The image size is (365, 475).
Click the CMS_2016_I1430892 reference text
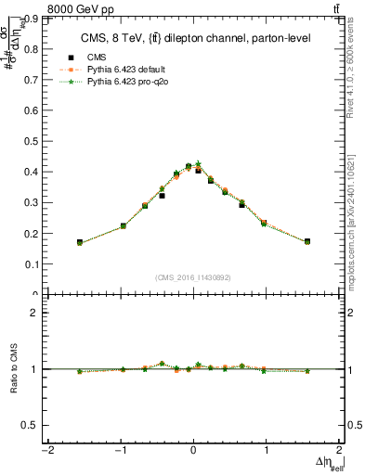pos(193,276)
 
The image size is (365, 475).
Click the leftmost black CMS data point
pos(80,242)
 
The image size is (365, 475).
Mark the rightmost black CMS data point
pos(307,241)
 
